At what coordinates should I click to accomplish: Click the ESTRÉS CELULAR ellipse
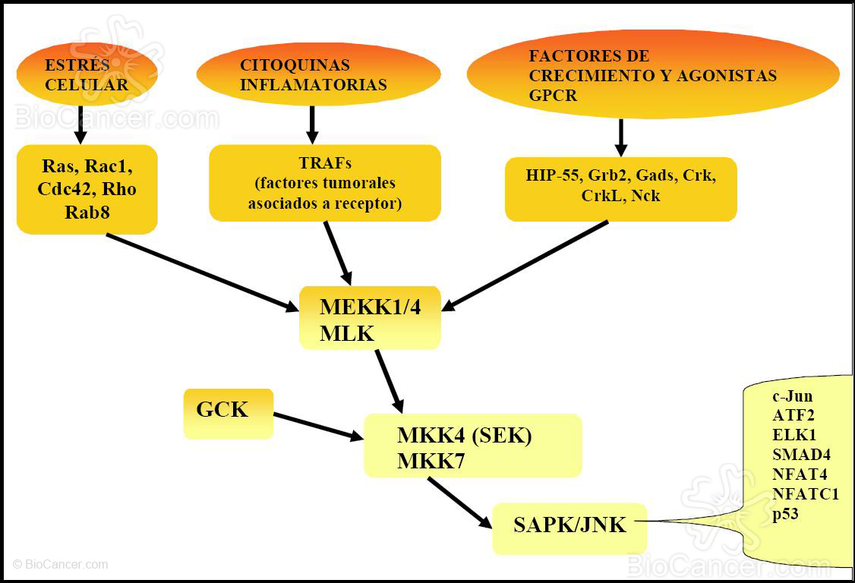87,74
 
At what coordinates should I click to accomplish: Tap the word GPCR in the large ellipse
553,96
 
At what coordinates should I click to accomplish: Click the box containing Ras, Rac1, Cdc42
87,189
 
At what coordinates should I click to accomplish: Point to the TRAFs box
325,183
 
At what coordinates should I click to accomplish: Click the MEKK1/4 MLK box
370,318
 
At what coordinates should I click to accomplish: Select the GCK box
228,413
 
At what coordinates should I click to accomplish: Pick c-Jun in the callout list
792,396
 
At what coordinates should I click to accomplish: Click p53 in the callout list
785,515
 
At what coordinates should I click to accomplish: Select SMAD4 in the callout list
800,455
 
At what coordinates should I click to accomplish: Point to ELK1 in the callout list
793,436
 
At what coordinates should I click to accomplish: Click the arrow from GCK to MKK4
317,426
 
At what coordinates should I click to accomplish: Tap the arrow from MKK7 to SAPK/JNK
459,501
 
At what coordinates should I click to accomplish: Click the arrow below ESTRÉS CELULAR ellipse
80,124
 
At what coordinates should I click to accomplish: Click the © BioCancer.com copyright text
60,565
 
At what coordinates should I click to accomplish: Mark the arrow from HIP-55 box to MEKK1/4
525,266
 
